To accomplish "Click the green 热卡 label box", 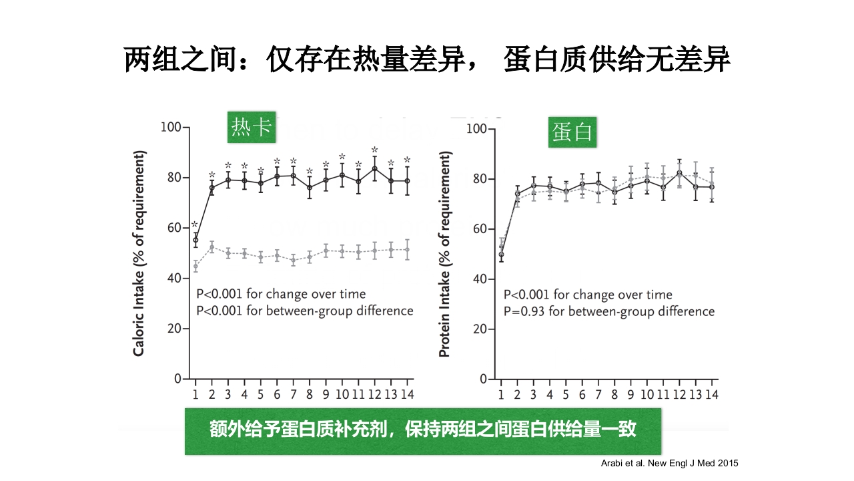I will coord(252,127).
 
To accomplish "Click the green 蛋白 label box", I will coord(571,132).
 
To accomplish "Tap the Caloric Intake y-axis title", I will coord(139,254).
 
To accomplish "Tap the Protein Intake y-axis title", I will coord(445,254).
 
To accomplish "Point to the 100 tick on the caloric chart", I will coord(171,127).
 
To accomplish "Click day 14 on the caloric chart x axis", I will coord(407,394).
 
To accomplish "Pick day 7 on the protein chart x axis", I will coord(598,394).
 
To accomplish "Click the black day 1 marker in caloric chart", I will coord(195,240).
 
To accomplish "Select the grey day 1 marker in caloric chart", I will coord(195,266).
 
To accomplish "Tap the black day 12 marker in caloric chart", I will coord(374,168).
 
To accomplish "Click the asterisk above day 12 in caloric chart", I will coord(374,150).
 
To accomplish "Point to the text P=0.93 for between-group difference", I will coord(608,311).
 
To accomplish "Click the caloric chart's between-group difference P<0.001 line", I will coord(304,311).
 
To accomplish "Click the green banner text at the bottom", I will coord(422,430).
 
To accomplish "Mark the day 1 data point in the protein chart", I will coord(501,254).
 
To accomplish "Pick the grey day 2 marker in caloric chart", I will coord(211,247).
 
